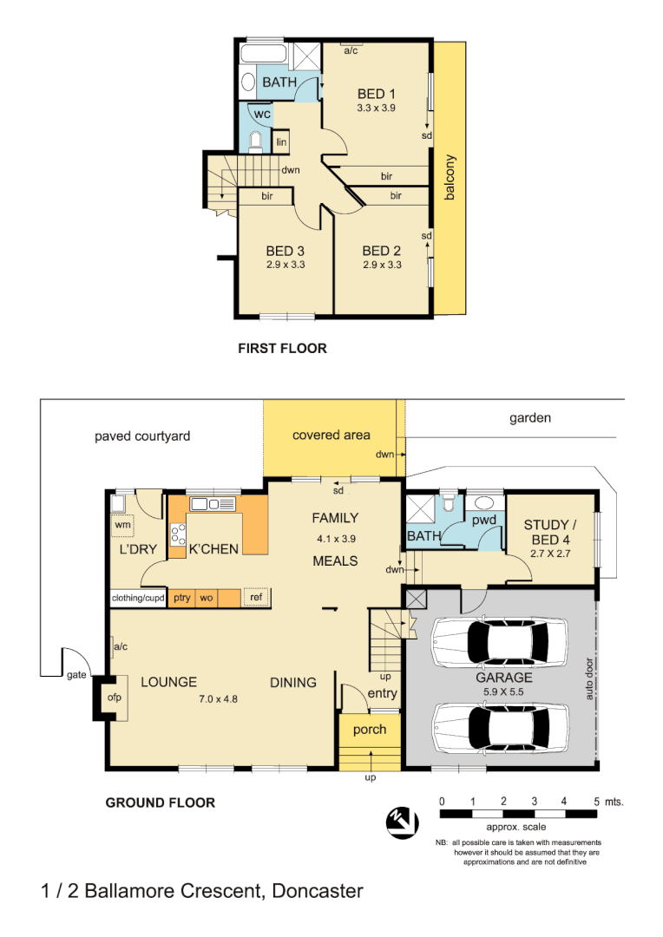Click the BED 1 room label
tap(377, 94)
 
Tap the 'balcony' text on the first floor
tap(450, 178)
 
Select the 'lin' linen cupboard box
tap(281, 142)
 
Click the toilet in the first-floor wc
tap(255, 141)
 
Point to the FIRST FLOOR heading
tap(282, 349)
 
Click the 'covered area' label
tap(331, 435)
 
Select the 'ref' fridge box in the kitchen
tap(256, 597)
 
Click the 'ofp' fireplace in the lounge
tap(113, 698)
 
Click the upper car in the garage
tap(501, 641)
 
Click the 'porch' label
tap(370, 730)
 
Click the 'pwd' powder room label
tap(483, 521)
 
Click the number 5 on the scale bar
tap(596, 801)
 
